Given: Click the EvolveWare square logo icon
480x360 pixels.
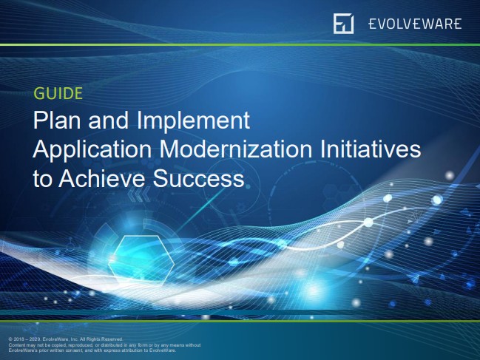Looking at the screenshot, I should [x=344, y=23].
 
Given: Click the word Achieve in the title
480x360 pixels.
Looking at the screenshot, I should [x=104, y=179].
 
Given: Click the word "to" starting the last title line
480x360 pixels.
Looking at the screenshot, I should [x=43, y=179].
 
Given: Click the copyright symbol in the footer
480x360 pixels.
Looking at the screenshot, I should [x=10, y=339].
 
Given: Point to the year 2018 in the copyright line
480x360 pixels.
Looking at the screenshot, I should [x=20, y=339].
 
